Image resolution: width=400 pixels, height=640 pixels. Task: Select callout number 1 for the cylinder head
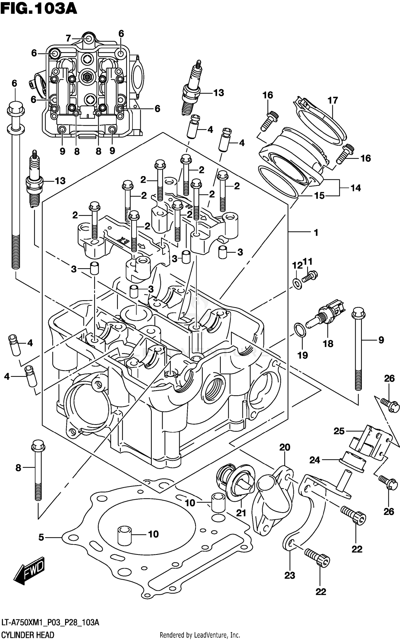point(316,233)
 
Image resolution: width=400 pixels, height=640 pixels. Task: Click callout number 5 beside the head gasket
point(41,537)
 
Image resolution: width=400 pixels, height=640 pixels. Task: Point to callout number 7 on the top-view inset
point(68,39)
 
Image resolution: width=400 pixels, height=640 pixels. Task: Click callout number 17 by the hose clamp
point(333,100)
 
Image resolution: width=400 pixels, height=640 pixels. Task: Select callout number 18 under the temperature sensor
point(328,344)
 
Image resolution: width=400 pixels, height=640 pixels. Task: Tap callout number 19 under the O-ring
point(303,355)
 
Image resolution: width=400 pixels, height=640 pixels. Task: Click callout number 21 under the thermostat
point(241,513)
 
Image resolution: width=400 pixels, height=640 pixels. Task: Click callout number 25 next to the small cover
point(339,431)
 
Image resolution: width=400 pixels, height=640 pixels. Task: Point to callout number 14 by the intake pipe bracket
point(355,188)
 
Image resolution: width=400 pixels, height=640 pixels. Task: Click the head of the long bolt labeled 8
point(38,446)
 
